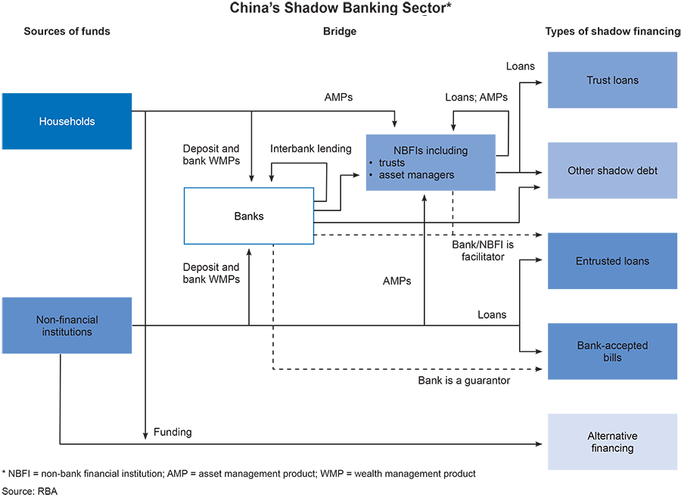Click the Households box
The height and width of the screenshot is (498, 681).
pos(67,121)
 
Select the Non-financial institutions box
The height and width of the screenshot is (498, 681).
pos(67,325)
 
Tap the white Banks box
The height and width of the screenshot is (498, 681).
pos(249,216)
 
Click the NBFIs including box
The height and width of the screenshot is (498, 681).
pos(431,163)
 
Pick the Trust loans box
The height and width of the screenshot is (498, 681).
pos(612,80)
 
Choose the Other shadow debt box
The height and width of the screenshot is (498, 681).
pos(612,171)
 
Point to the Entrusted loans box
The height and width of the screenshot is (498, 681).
pos(612,261)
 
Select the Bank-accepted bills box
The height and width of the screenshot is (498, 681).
pos(612,351)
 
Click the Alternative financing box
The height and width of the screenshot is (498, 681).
pos(612,442)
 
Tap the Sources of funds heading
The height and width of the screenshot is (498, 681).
pos(67,32)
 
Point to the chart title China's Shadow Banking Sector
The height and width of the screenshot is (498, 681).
pos(340,9)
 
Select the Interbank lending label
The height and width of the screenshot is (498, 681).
pos(311,148)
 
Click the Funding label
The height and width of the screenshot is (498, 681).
pos(173,432)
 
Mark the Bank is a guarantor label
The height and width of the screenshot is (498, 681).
pos(464,381)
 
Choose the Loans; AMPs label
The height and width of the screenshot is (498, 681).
pos(477,97)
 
